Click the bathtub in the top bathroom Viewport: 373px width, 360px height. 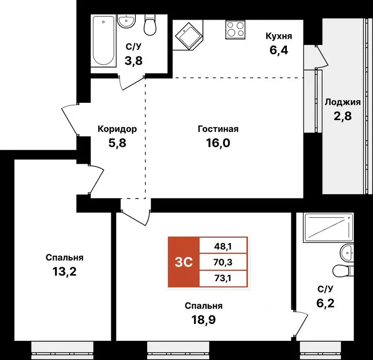[103, 42]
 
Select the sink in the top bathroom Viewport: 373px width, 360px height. [126, 22]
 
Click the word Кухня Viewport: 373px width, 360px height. [279, 36]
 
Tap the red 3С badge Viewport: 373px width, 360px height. [184, 262]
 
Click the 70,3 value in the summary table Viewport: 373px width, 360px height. [223, 262]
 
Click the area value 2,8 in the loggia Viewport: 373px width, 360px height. [342, 116]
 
